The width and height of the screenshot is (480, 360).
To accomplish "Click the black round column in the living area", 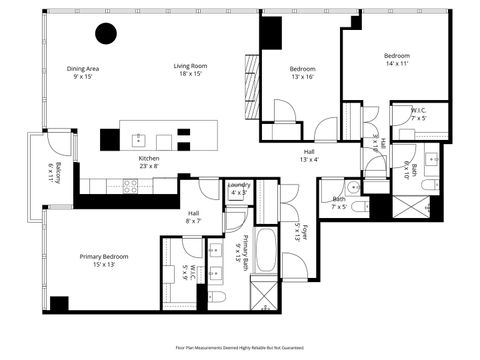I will click(106, 34).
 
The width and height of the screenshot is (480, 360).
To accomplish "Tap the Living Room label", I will click(190, 69).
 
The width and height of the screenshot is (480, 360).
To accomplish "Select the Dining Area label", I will click(83, 72).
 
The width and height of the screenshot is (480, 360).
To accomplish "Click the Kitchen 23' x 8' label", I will click(149, 163).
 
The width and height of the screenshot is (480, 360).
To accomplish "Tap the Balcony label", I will click(57, 172).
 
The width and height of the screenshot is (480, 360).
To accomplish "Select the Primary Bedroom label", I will click(104, 261).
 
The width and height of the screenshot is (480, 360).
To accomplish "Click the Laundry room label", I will click(238, 188).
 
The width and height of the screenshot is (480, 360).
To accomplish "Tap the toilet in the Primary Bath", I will click(221, 297).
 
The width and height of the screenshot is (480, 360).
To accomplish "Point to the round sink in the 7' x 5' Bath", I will click(354, 187).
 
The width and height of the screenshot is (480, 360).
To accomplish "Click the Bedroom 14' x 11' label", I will click(397, 60).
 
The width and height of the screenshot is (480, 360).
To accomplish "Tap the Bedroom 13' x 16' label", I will click(302, 73).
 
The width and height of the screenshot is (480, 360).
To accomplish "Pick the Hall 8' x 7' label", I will click(194, 217).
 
